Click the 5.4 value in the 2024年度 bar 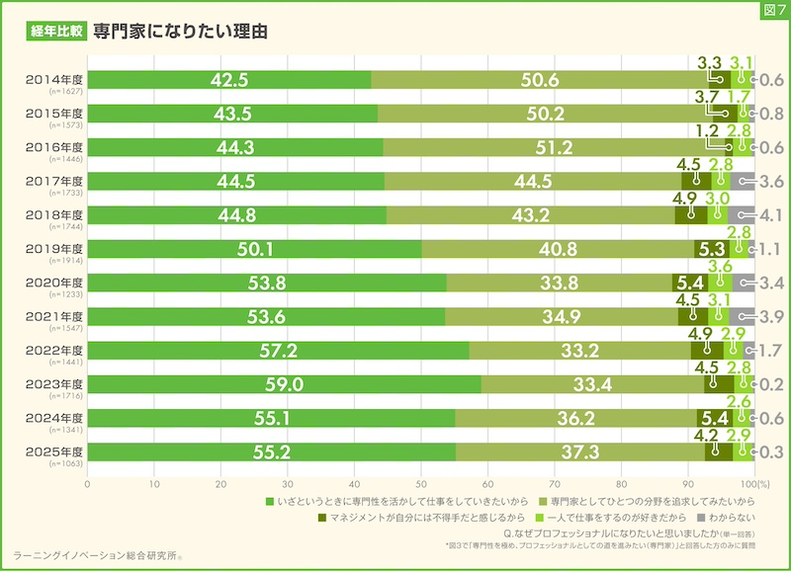[x=713, y=419]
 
